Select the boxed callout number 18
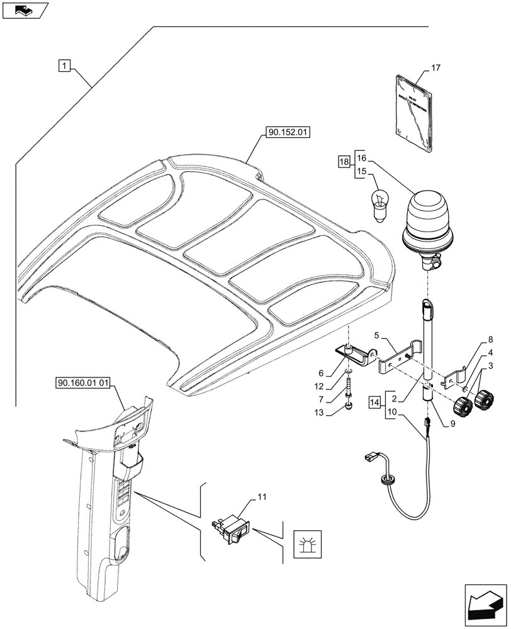[x=343, y=162]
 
